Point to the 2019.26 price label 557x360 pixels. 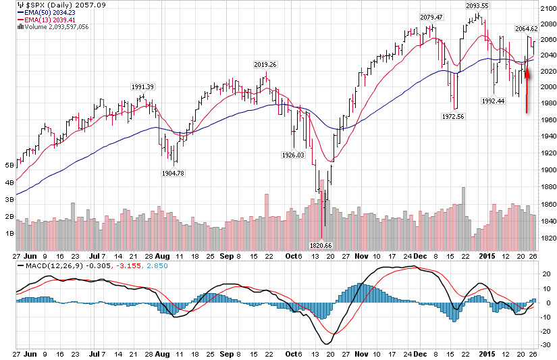click(265, 65)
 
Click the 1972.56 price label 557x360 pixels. click(454, 116)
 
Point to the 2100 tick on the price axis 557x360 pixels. click(548, 8)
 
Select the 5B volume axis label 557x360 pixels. click(9, 165)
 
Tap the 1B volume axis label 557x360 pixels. click(9, 233)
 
